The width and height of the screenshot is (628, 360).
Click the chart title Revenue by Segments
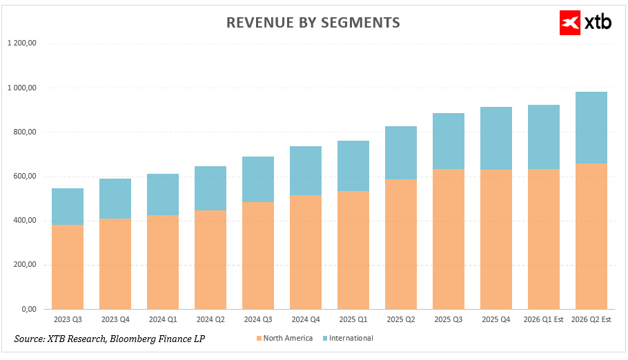tap(313, 23)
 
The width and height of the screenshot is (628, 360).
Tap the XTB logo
tap(586, 22)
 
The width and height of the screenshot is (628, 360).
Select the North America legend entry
tap(285, 339)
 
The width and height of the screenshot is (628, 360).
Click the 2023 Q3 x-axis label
tap(68, 320)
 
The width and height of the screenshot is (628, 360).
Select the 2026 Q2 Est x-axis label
tap(591, 320)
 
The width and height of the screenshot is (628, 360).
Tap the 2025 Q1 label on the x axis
tap(353, 320)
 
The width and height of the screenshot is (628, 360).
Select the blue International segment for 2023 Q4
tap(115, 199)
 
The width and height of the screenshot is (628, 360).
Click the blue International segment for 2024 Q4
tap(306, 171)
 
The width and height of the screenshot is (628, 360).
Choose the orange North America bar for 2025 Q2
tap(401, 244)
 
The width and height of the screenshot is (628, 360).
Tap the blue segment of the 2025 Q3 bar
tap(449, 141)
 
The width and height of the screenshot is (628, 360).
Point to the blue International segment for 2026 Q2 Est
tap(591, 128)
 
